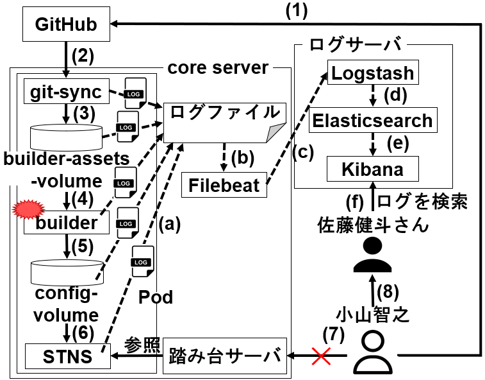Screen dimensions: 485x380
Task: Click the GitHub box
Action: pyautogui.click(x=66, y=24)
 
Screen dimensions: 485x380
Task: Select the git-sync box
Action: pyautogui.click(x=67, y=91)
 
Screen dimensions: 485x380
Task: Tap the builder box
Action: pyautogui.click(x=67, y=223)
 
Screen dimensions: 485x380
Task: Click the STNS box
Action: pyautogui.click(x=67, y=356)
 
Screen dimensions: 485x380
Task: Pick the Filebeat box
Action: pyautogui.click(x=224, y=185)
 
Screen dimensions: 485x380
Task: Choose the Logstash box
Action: pyautogui.click(x=373, y=73)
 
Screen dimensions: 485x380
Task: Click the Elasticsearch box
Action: pyautogui.click(x=373, y=120)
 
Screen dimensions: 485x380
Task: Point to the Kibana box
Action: pyautogui.click(x=373, y=169)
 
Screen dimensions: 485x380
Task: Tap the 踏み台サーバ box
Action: pyautogui.click(x=225, y=356)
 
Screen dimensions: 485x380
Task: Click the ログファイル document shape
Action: pyautogui.click(x=224, y=123)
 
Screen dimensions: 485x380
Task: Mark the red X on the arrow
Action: pyautogui.click(x=321, y=356)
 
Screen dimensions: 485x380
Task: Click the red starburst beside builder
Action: pyautogui.click(x=28, y=209)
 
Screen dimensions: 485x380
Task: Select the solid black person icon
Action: pyautogui.click(x=372, y=255)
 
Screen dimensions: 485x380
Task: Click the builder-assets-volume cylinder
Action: pyautogui.click(x=66, y=137)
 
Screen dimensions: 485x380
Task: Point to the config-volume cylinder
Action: pyautogui.click(x=67, y=272)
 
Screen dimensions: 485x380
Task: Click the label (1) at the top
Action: pyautogui.click(x=297, y=10)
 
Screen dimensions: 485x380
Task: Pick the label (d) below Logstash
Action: pyautogui.click(x=395, y=95)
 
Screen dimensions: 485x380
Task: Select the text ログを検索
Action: pyautogui.click(x=422, y=202)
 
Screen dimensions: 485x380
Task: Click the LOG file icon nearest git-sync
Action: pyautogui.click(x=135, y=93)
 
